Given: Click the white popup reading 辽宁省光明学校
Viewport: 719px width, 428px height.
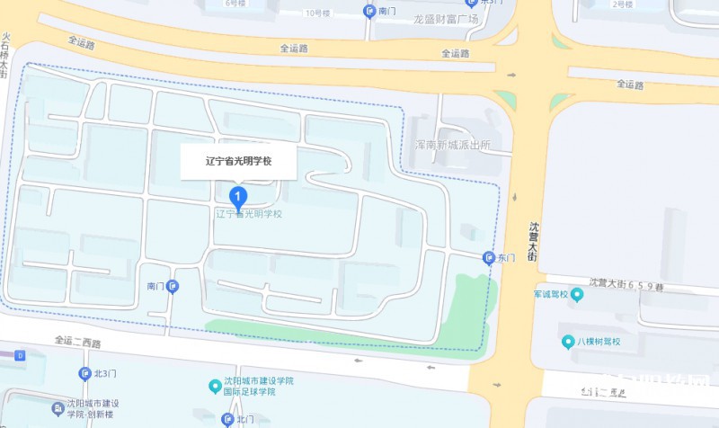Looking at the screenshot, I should (238, 161).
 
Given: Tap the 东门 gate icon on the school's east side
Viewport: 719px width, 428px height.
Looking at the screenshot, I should (488, 258).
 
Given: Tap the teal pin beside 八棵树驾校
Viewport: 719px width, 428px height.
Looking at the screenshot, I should (567, 342).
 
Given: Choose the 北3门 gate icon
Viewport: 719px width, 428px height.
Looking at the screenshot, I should (85, 373).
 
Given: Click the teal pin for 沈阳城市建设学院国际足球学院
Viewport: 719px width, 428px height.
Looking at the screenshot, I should (214, 387).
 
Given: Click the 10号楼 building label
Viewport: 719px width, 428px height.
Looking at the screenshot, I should (318, 13).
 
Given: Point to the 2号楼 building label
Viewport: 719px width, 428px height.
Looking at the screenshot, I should (622, 4).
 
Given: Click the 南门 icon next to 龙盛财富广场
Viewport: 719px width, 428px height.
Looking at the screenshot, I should (368, 11).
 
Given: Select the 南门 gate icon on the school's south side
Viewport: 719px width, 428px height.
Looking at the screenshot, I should (173, 286).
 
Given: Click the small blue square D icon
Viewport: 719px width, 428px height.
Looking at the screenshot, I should (20, 356).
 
